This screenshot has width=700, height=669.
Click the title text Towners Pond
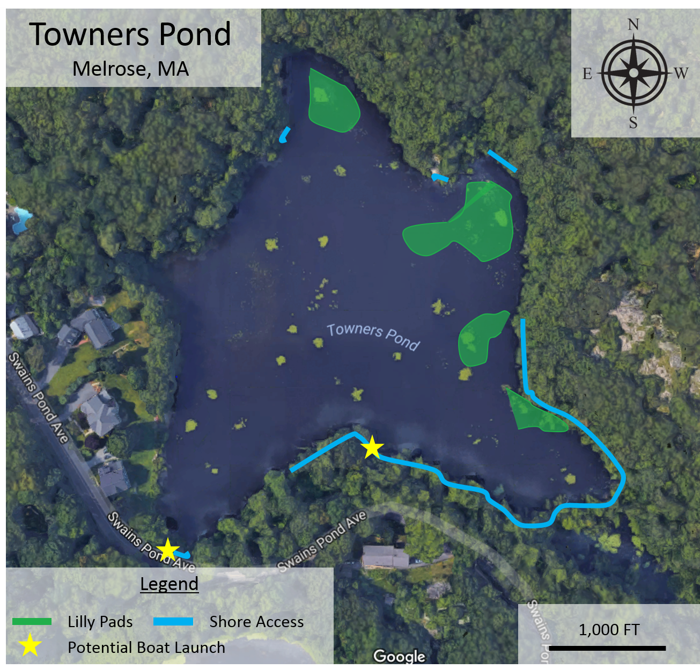point(130,34)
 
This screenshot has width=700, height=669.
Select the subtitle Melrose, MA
point(130,69)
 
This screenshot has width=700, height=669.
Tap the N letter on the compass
point(633,25)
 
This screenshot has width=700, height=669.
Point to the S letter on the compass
point(633,122)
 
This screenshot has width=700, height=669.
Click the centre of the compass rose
point(633,72)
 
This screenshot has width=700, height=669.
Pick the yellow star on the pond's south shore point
point(372,447)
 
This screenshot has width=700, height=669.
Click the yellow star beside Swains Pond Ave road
point(168,549)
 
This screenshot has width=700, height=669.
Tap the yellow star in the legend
point(31,645)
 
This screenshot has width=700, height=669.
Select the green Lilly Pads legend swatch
point(32,622)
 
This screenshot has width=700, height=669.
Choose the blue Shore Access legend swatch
point(173,622)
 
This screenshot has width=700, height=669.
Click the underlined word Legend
point(169,584)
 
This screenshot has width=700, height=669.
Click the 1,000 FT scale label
point(609,629)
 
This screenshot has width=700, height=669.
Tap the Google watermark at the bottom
point(399,656)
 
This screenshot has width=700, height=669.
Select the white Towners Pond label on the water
point(373,337)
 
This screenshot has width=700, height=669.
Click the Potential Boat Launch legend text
point(146,648)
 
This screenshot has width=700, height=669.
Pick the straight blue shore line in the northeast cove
point(503,161)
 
